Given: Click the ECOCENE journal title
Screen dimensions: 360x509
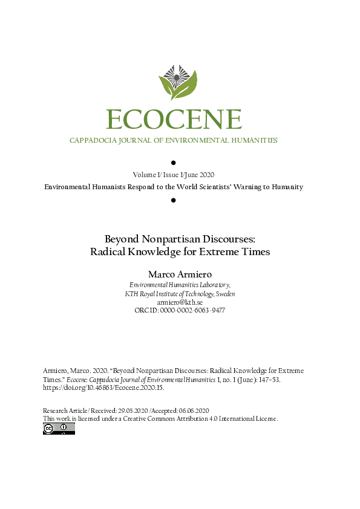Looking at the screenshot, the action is [x=174, y=119].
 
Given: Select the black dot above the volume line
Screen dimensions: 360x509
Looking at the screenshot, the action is [x=174, y=163].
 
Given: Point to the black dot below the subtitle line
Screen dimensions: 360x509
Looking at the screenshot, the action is [x=174, y=199].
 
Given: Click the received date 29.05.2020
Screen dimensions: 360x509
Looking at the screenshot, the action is [x=132, y=410].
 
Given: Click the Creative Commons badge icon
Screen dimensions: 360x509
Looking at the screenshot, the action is [x=59, y=429].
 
